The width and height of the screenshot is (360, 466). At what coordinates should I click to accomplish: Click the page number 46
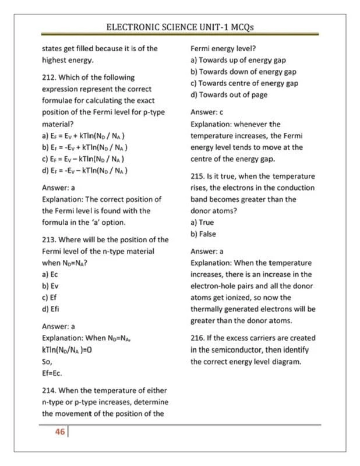click(x=59, y=433)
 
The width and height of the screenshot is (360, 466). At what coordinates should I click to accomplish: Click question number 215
click(x=198, y=176)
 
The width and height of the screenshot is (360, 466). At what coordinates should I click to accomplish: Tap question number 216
click(x=198, y=338)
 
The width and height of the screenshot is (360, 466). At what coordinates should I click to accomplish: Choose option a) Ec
click(x=50, y=274)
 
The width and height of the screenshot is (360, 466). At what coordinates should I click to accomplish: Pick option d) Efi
click(x=51, y=309)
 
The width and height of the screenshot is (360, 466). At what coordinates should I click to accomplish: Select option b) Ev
click(x=50, y=286)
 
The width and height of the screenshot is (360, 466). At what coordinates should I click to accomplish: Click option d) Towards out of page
click(x=229, y=95)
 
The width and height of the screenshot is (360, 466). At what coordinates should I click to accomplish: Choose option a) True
click(x=203, y=223)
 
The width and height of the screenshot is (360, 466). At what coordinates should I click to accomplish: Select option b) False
click(x=203, y=234)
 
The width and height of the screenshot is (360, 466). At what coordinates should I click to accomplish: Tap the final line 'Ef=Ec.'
click(x=52, y=373)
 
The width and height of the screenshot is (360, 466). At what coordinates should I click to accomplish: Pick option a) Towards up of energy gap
click(x=238, y=60)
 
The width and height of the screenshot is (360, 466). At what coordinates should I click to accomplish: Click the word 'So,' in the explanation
click(x=48, y=361)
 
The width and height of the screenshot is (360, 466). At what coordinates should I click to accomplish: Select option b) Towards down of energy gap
click(x=243, y=72)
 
